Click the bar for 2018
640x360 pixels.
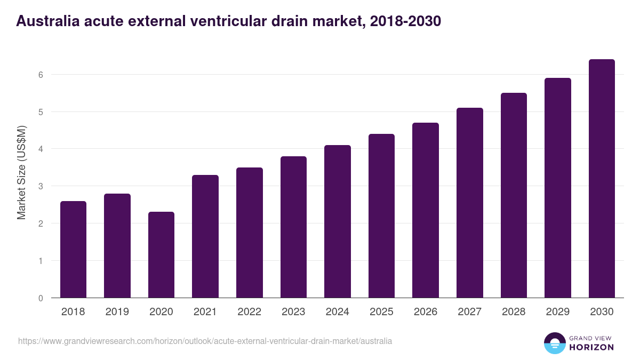[73, 250]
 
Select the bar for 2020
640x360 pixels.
[161, 255]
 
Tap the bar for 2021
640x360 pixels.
[205, 236]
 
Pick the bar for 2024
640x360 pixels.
[338, 221]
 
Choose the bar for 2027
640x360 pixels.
[470, 203]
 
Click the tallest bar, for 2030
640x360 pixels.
[602, 179]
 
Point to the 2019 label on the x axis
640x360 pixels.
[117, 312]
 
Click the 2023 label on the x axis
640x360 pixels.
[293, 312]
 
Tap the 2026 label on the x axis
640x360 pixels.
[426, 312]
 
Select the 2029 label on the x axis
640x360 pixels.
[557, 312]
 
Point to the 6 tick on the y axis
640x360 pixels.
[41, 75]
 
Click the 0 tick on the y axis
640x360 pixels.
[41, 298]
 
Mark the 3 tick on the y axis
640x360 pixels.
[41, 186]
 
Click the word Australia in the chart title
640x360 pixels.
[46, 21]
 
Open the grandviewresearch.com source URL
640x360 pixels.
[205, 341]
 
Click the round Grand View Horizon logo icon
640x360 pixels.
[555, 343]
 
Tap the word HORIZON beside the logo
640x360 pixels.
[592, 347]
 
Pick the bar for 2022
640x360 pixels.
[250, 233]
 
